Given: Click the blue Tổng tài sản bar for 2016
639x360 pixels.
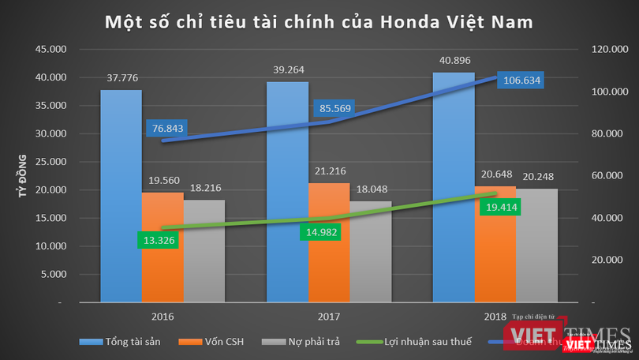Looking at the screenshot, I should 121,197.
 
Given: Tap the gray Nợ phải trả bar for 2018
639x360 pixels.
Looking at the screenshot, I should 537,245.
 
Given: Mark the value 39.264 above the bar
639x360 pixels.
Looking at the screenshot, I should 287,69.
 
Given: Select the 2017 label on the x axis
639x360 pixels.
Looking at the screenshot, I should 329,316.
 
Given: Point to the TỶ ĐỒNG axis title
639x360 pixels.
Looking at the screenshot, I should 24,176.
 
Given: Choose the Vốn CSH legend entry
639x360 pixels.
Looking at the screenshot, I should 236,342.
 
